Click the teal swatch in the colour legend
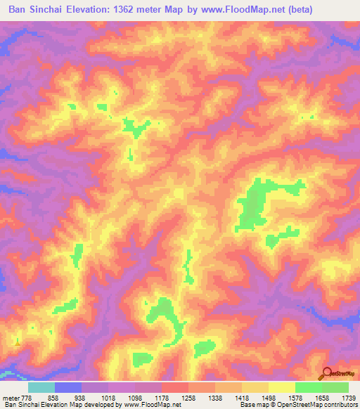(41, 387)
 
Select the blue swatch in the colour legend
(68, 387)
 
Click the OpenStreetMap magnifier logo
(328, 375)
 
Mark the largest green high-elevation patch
(255, 204)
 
